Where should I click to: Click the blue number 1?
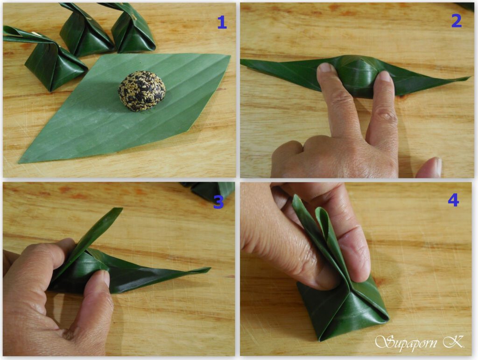pos(222,22)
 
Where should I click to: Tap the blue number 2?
pos(456,21)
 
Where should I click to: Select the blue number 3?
pos(218,202)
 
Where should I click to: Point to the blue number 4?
pos(453,200)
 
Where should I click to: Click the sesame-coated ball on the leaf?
pos(142,91)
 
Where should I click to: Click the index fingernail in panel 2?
pos(325,67)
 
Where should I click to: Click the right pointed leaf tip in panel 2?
pos(470,78)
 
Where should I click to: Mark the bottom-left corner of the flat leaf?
pos(19,162)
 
